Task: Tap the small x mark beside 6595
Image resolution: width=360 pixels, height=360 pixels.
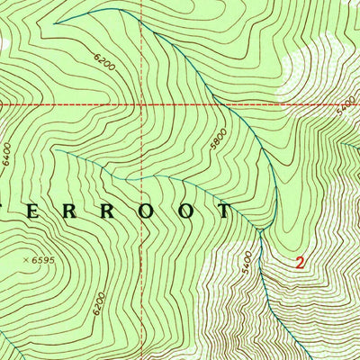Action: coord(24,260)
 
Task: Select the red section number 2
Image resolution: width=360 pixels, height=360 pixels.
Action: coord(300,264)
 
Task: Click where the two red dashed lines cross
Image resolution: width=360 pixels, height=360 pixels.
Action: coord(142,104)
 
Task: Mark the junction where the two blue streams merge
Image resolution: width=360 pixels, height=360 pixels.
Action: coord(258,230)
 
